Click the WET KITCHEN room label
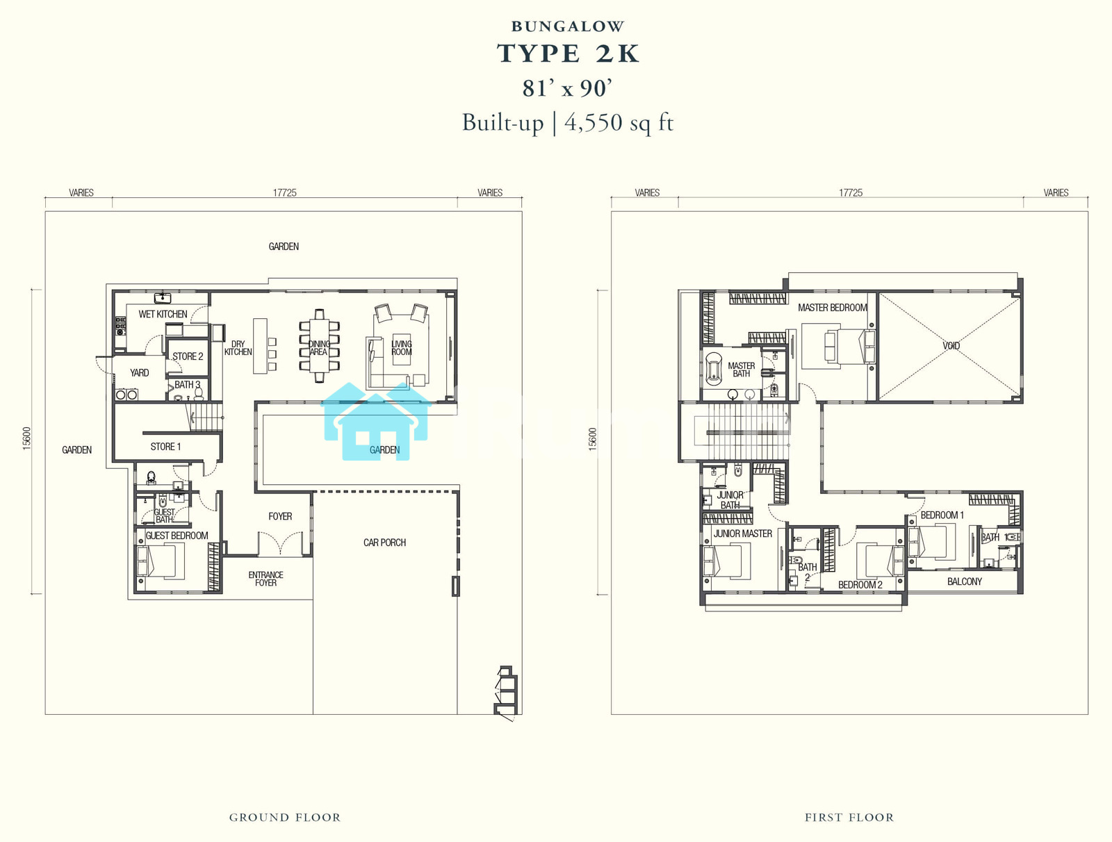pos(163,314)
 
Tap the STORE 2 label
pos(188,356)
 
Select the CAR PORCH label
pos(384,543)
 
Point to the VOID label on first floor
pos(951,346)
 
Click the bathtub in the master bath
pos(714,367)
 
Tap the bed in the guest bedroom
pos(161,561)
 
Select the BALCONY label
pos(965,581)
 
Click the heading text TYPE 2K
pos(568,53)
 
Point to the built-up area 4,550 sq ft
pos(619,123)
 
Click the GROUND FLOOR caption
pos(285,817)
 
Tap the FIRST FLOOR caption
pos(849,817)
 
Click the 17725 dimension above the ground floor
pos(285,193)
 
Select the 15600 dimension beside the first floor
pos(593,439)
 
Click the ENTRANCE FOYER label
pos(266,579)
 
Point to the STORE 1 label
pos(165,447)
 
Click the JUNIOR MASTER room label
pos(743,534)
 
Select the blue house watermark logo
pos(376,421)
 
